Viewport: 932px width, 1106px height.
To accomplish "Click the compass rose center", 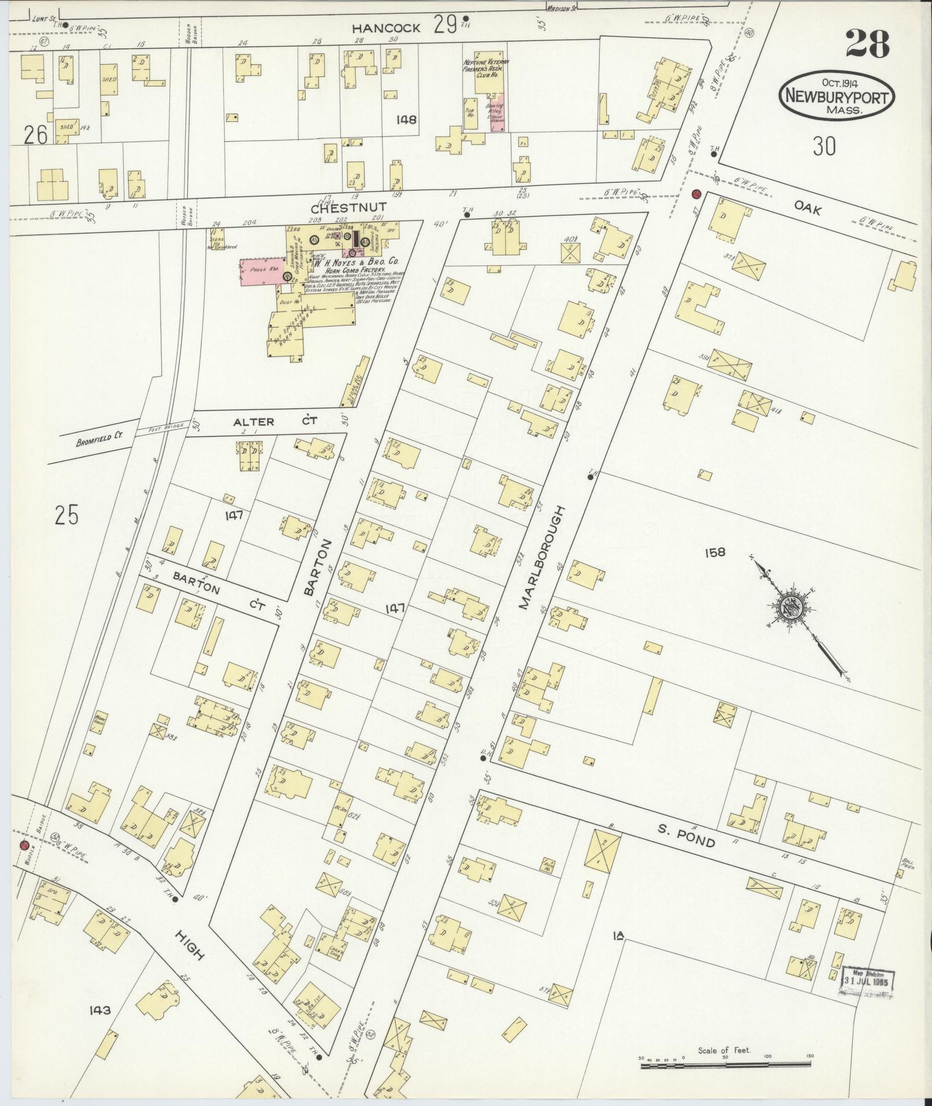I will (x=790, y=608).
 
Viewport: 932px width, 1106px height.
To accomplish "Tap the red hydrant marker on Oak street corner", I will (x=697, y=194).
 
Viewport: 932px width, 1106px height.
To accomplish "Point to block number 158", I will (x=714, y=553).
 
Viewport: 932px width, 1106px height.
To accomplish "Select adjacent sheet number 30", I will (x=824, y=147).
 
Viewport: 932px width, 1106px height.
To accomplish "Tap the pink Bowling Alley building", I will (x=497, y=112).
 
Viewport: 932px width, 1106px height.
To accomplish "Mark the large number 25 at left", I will (x=66, y=514).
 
